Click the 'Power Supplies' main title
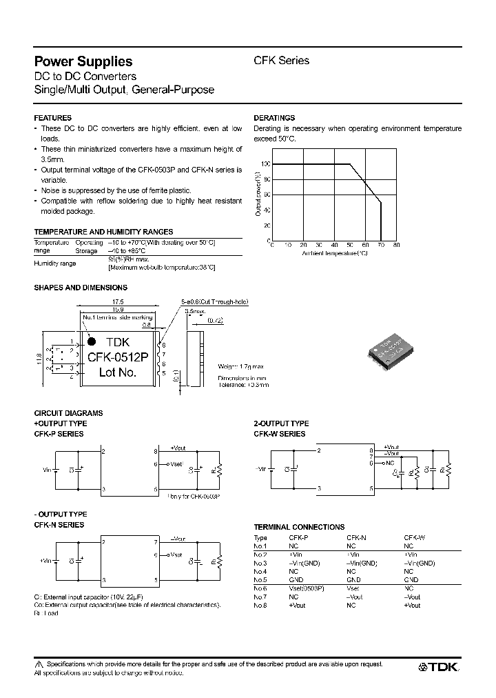83,61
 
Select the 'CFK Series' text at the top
282,60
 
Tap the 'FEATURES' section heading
53,118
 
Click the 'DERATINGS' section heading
274,118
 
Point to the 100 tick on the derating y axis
265,164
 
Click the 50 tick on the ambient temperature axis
350,246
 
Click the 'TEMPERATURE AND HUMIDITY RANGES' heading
103,232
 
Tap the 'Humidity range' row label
54,263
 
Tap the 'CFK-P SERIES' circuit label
59,434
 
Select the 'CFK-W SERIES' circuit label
280,434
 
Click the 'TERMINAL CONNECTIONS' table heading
299,526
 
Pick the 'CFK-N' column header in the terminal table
356,537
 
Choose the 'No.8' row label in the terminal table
260,605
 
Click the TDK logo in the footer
440,667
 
